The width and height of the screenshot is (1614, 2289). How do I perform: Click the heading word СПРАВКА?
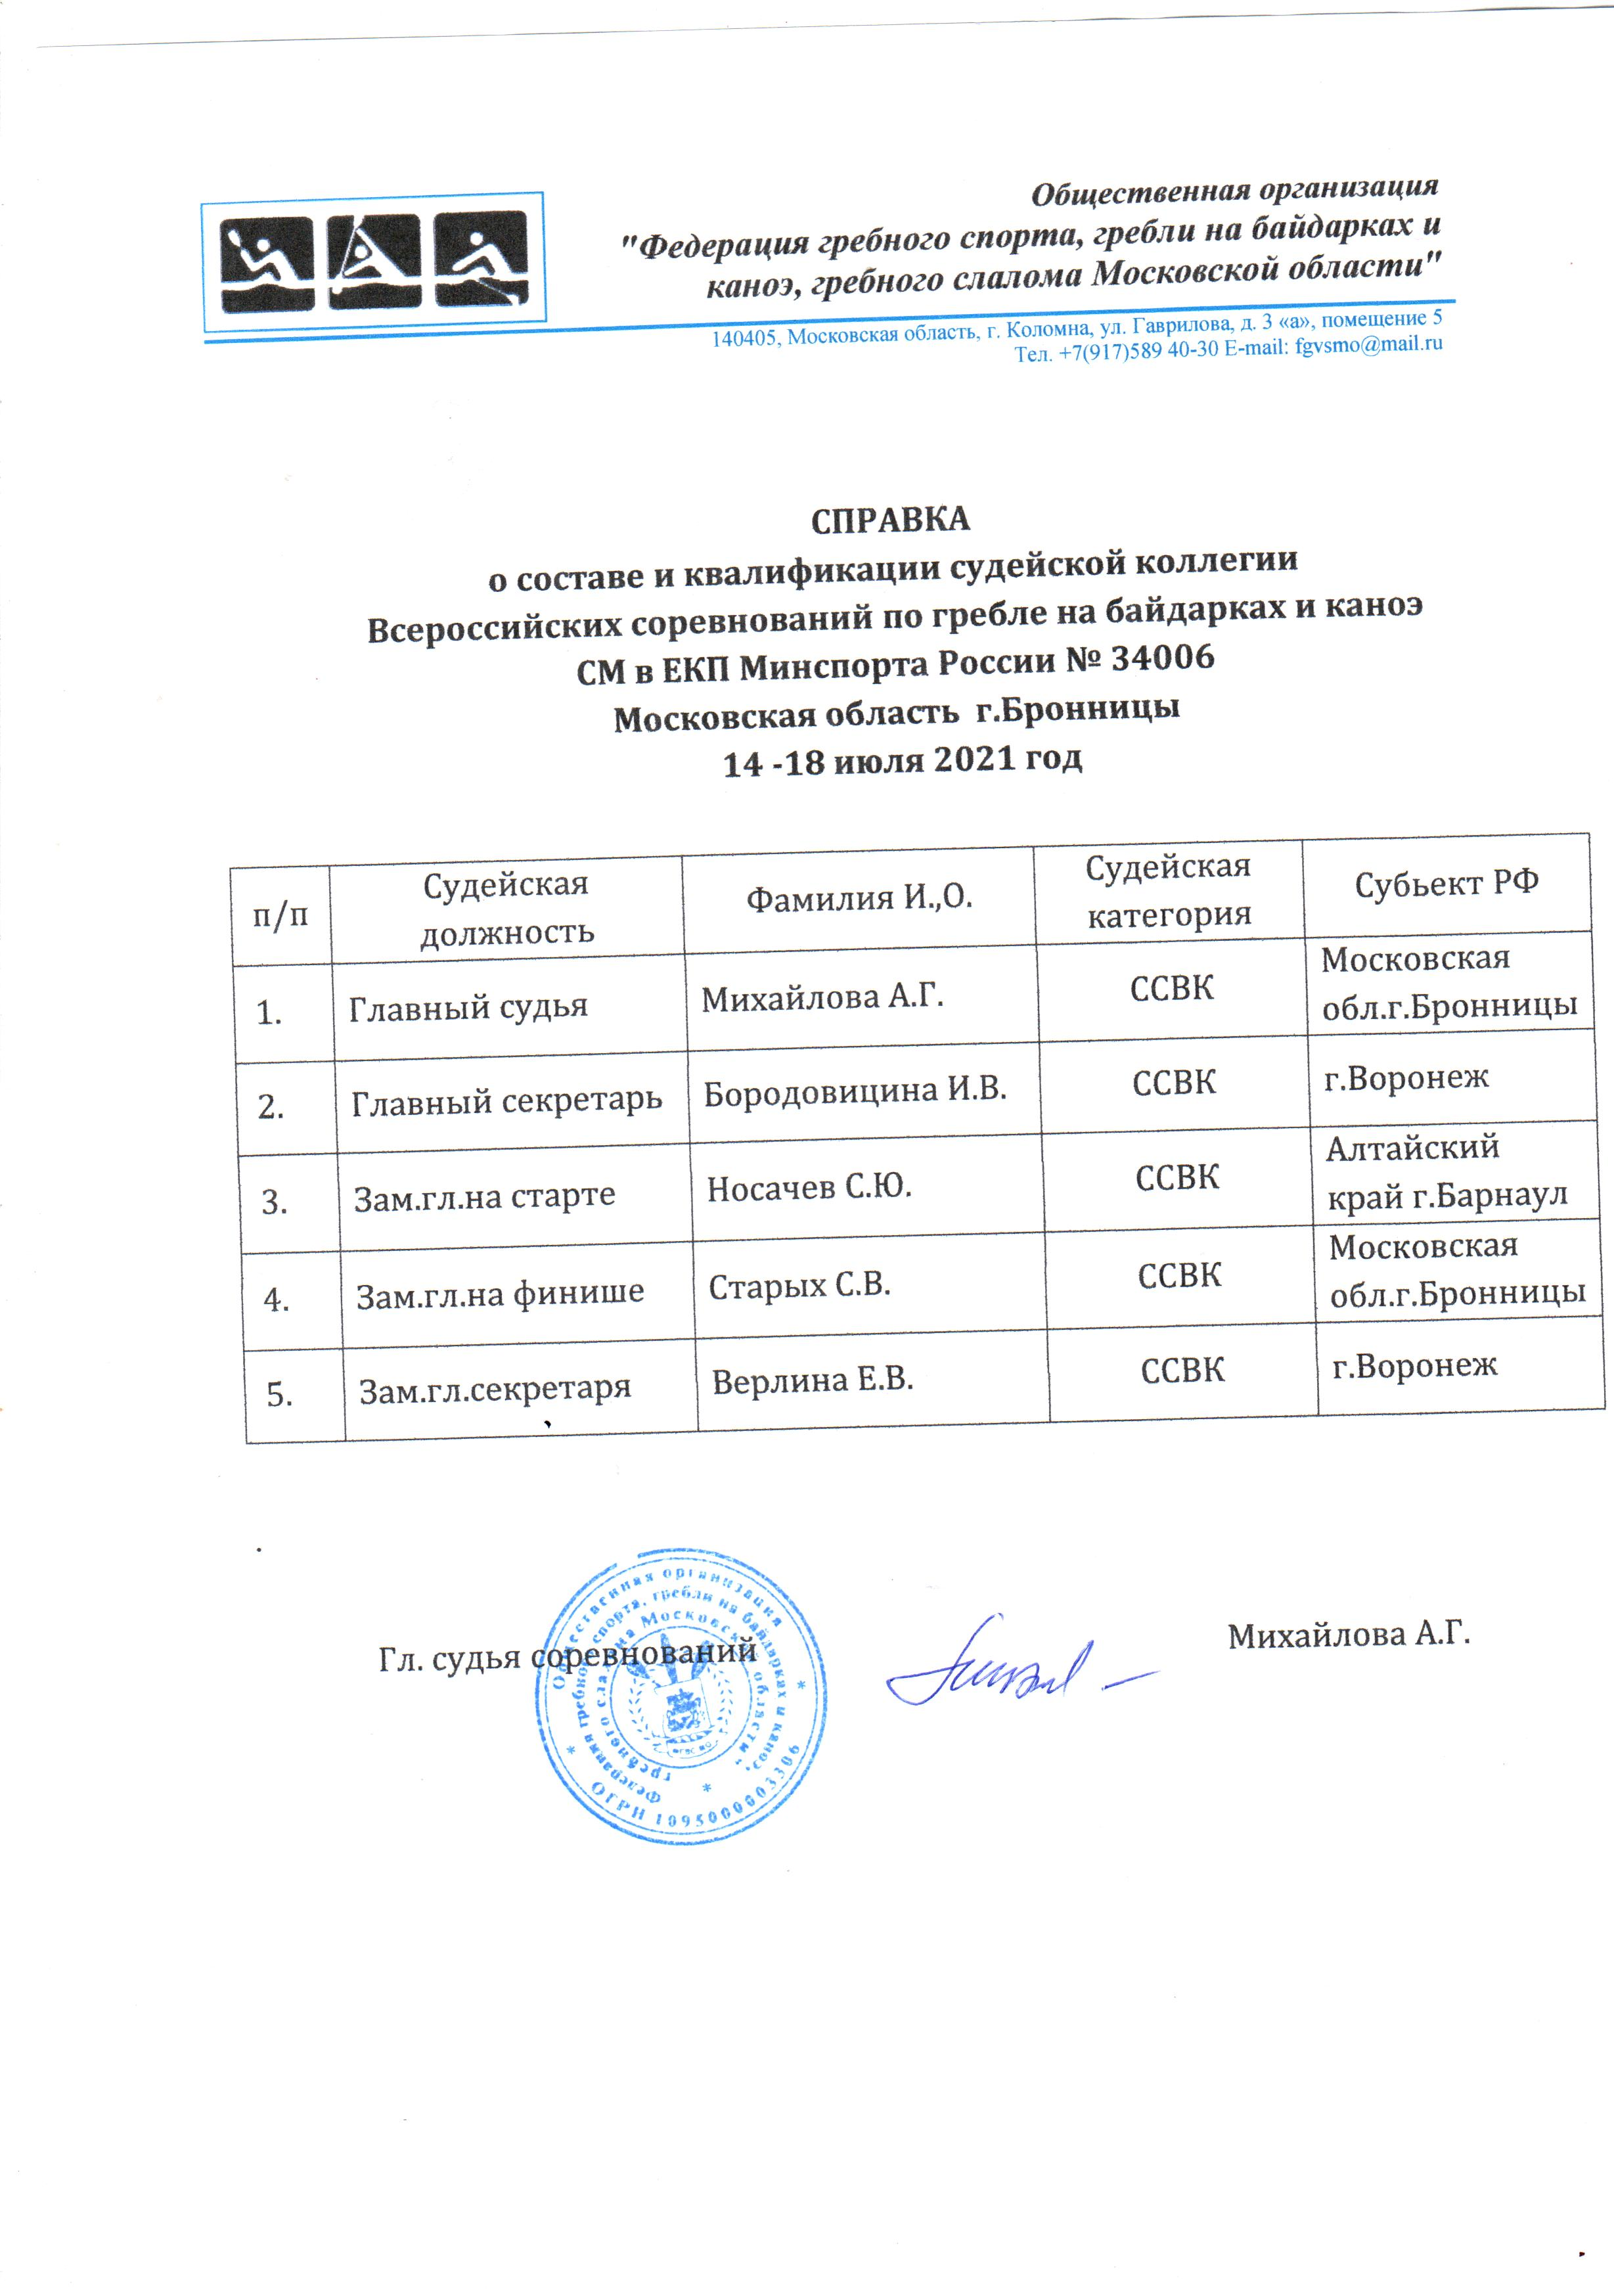889,520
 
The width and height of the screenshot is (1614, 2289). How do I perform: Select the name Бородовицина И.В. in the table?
855,1092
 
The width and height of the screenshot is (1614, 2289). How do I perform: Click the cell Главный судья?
468,1007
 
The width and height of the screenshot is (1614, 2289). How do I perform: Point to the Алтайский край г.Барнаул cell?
1446,1171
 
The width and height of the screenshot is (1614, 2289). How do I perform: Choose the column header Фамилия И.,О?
859,898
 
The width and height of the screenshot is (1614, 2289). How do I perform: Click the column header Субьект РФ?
1446,883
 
